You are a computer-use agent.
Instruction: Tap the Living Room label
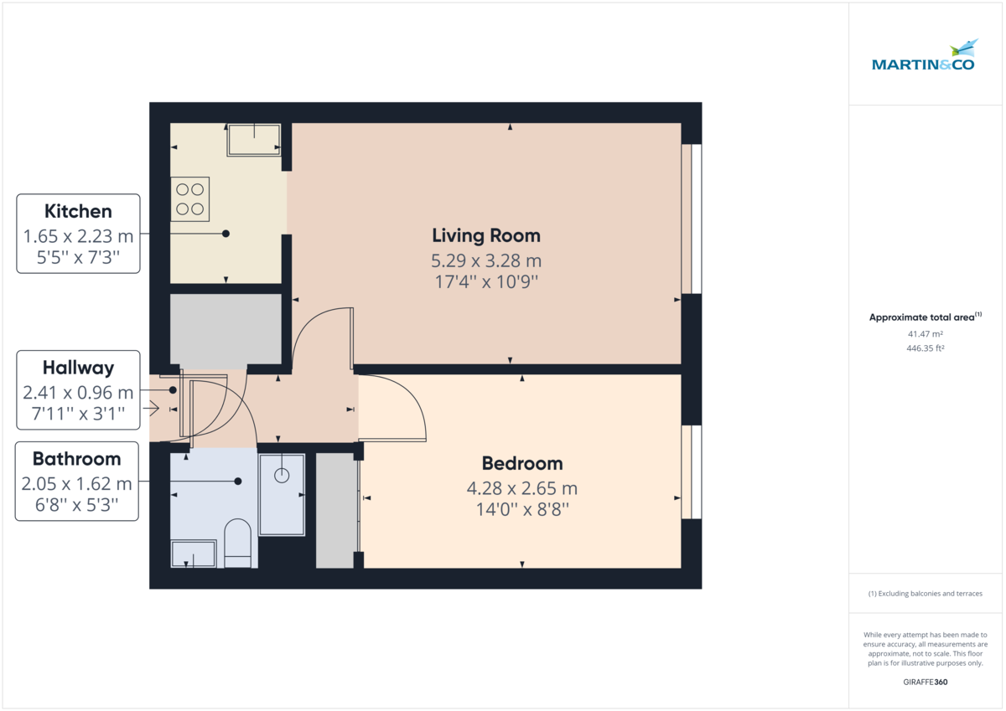click(x=485, y=235)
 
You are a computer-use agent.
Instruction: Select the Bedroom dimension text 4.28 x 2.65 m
click(x=521, y=488)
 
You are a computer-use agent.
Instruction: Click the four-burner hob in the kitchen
click(x=190, y=198)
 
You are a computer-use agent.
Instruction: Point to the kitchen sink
click(x=254, y=139)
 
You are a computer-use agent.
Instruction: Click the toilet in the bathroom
click(x=238, y=543)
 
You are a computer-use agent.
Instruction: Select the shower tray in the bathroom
click(x=282, y=494)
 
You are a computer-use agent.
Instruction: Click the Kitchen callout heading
click(x=78, y=211)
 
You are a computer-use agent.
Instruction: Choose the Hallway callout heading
click(x=78, y=367)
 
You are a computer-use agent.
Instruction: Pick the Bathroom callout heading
click(x=76, y=459)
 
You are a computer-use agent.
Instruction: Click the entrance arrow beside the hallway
click(x=152, y=409)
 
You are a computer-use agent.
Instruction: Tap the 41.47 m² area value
click(x=926, y=333)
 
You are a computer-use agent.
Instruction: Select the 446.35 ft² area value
click(x=926, y=347)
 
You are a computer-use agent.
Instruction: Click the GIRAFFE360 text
click(x=926, y=683)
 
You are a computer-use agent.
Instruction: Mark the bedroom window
click(x=692, y=473)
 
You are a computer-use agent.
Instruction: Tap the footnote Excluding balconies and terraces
click(x=926, y=594)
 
